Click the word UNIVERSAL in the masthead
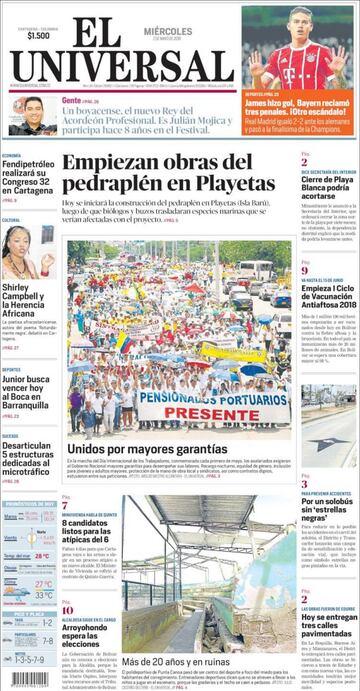pyautogui.click(x=124, y=67)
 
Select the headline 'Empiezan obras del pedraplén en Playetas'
pyautogui.click(x=161, y=172)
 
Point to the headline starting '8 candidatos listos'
pyautogui.click(x=89, y=529)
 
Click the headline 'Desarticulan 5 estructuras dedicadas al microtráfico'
pyautogui.click(x=27, y=459)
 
